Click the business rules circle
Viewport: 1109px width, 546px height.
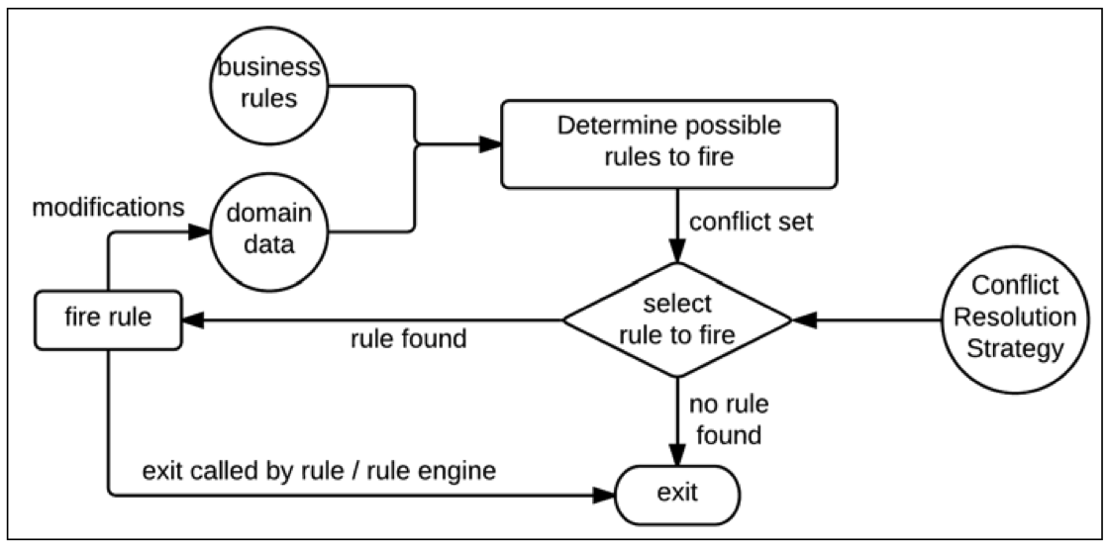[268, 86]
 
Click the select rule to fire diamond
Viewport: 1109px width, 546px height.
[677, 319]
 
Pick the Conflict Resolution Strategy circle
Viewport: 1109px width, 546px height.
[1015, 318]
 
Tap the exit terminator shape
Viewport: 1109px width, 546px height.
[677, 491]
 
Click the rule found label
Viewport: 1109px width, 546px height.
[408, 339]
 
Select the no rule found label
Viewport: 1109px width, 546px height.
[729, 419]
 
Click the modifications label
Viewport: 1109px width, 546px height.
[108, 209]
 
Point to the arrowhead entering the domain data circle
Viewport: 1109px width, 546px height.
[201, 232]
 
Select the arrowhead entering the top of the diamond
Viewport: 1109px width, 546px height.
[677, 253]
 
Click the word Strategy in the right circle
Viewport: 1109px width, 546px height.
[1015, 348]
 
